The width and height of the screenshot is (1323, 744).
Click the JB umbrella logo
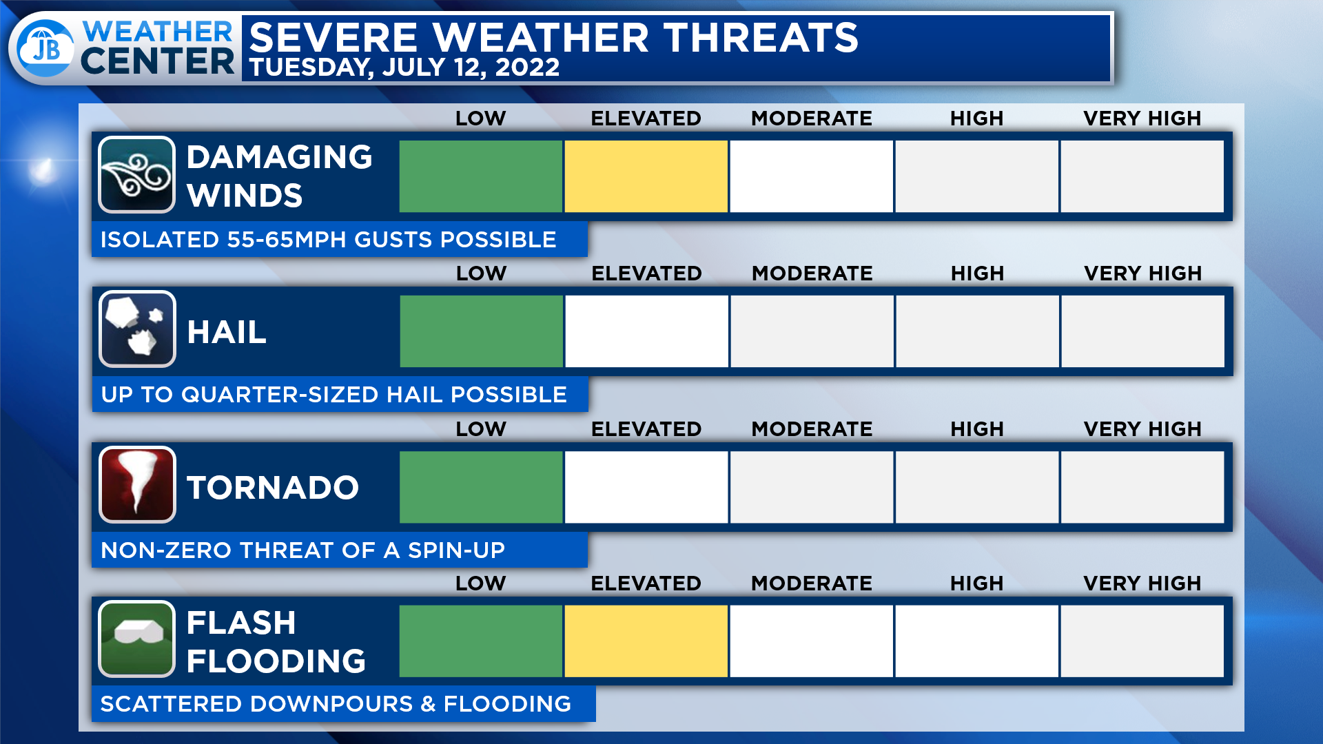click(x=45, y=48)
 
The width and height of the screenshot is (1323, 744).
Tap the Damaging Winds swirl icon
click(x=136, y=175)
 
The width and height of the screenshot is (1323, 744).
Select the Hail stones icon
click(x=137, y=329)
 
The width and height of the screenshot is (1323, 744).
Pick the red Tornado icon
click(x=137, y=484)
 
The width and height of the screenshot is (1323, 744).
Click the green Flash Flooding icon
click(x=136, y=639)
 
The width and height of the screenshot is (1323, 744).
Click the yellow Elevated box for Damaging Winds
click(x=646, y=176)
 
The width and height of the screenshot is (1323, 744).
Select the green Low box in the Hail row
click(x=481, y=331)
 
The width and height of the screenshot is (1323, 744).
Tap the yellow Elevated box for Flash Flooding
click(x=646, y=641)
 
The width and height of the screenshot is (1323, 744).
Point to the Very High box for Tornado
click(x=1142, y=487)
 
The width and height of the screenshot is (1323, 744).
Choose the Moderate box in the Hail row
click(x=812, y=331)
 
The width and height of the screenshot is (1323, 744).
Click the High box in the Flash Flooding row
click(x=976, y=641)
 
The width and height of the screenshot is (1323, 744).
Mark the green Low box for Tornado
click(x=481, y=487)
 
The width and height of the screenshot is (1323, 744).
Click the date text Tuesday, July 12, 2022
click(x=404, y=68)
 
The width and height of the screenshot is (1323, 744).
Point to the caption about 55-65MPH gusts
click(x=328, y=240)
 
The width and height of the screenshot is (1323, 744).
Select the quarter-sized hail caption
click(x=334, y=395)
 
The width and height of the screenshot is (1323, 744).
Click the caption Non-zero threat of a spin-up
click(x=302, y=550)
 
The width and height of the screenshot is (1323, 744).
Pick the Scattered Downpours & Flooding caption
click(x=336, y=704)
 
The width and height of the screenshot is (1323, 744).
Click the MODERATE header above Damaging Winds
click(x=812, y=118)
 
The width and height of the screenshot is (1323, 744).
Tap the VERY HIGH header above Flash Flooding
click(x=1142, y=583)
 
